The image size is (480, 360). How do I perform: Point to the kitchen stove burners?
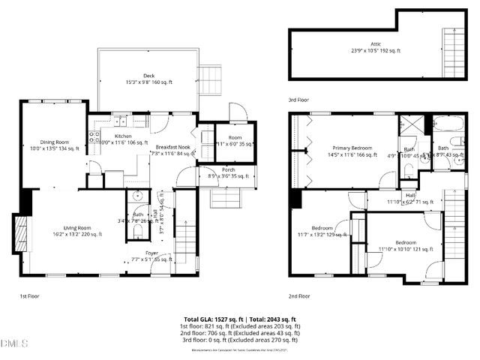(94, 136)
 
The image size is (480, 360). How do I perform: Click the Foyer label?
(151, 253)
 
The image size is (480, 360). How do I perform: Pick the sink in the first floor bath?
(137, 197)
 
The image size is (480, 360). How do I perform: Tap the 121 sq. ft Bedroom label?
(406, 243)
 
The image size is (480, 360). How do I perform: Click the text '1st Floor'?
(30, 296)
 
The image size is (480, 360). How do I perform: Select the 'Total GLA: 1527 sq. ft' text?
(212, 319)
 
